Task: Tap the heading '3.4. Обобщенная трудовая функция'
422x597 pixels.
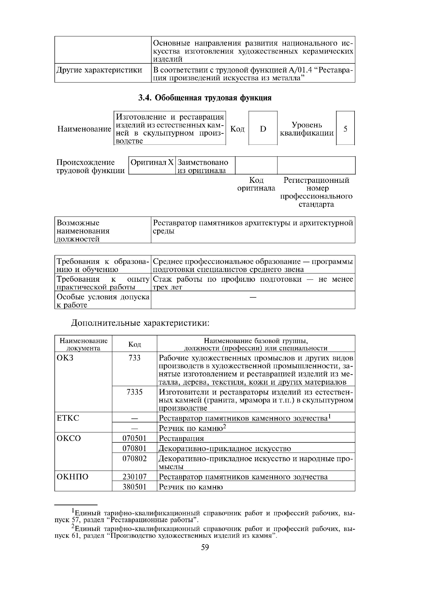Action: (205, 98)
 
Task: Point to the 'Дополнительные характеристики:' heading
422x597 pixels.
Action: (140, 323)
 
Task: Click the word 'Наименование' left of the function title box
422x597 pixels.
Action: (84, 129)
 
